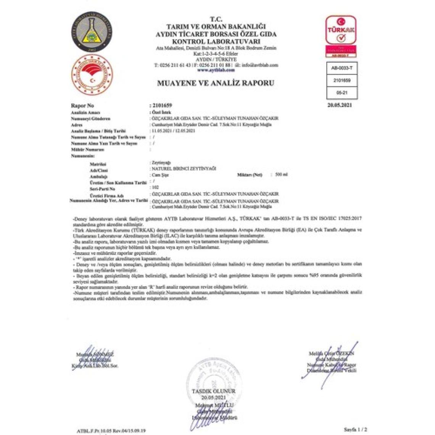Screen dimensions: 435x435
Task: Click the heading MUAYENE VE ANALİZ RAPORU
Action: click(x=216, y=83)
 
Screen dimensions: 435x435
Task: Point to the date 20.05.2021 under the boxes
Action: click(x=340, y=105)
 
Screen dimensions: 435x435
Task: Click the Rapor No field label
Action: click(x=82, y=106)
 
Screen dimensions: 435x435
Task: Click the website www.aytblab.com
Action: click(x=216, y=70)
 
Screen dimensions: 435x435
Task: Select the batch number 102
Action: click(x=155, y=188)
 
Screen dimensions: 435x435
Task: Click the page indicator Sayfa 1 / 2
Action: click(x=355, y=429)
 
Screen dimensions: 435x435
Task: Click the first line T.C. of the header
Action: click(x=216, y=19)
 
